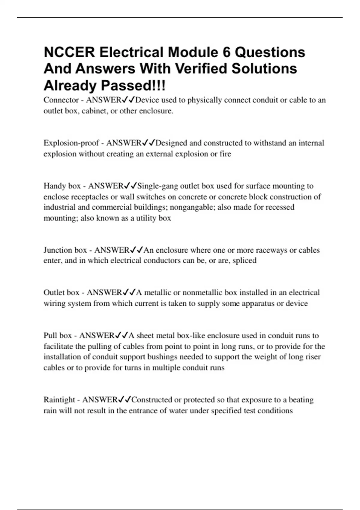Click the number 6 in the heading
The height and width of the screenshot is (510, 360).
[x=227, y=52]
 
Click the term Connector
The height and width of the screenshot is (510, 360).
[x=61, y=100]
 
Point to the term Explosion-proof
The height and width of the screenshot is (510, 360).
[x=71, y=143]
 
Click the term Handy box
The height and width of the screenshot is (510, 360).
[x=62, y=186]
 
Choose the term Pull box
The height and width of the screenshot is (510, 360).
[x=58, y=335]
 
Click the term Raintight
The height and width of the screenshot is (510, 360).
[x=59, y=400]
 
